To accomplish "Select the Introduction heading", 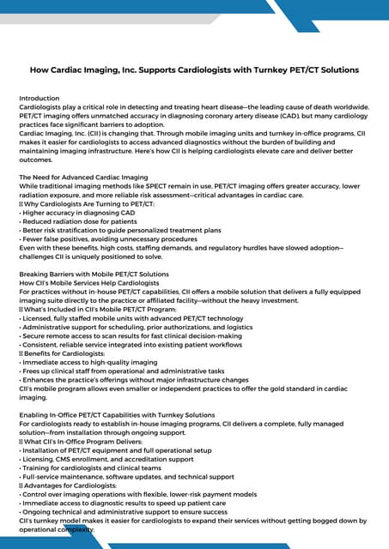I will pos(40,99).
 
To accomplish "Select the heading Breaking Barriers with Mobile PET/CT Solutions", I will pos(94,274).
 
